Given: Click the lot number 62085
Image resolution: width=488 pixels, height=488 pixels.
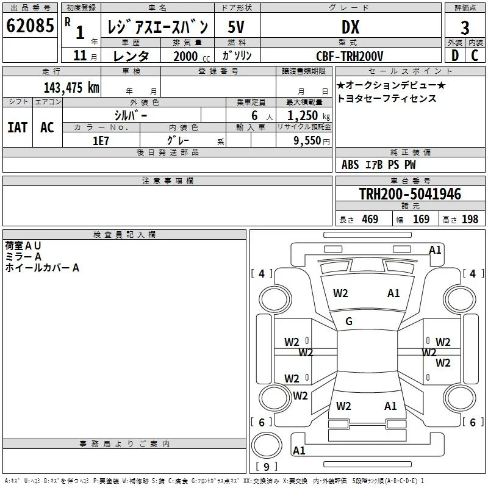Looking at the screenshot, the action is click(x=30, y=25).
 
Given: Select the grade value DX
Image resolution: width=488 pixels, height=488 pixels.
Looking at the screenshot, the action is click(x=350, y=27).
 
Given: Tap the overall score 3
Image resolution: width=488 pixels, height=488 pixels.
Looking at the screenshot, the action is click(x=465, y=28).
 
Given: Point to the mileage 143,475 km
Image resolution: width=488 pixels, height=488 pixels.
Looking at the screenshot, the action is click(x=71, y=88).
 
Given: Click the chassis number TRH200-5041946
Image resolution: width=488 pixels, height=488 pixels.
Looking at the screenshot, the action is click(x=410, y=194).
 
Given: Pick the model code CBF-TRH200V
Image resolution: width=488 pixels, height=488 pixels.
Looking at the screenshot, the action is click(x=350, y=56).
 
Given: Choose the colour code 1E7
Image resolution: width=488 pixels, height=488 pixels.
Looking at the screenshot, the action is click(x=101, y=141).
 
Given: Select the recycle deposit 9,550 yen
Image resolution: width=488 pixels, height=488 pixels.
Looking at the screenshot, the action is click(x=312, y=141).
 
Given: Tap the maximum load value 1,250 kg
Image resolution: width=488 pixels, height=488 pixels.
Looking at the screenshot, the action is click(x=309, y=116).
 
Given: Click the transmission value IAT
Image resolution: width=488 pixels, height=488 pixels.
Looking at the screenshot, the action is click(x=18, y=127).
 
